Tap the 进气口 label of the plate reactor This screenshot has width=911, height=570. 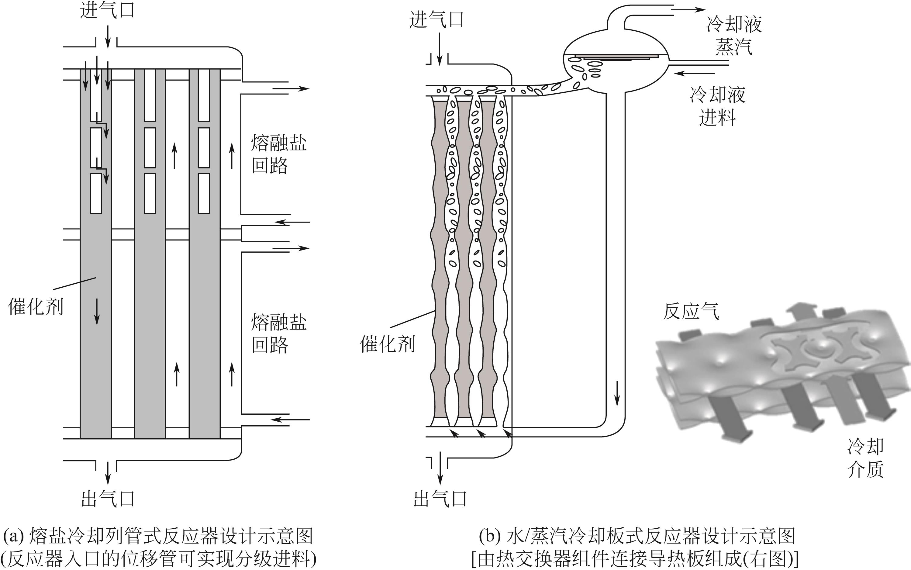437,19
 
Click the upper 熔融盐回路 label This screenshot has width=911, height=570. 279,154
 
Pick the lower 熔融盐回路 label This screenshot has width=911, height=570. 279,333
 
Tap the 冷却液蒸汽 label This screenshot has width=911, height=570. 734,36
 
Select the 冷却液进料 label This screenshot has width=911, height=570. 718,106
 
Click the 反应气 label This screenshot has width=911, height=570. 691,311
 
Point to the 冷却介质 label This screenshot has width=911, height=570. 866,458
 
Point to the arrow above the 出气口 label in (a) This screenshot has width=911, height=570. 108,473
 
